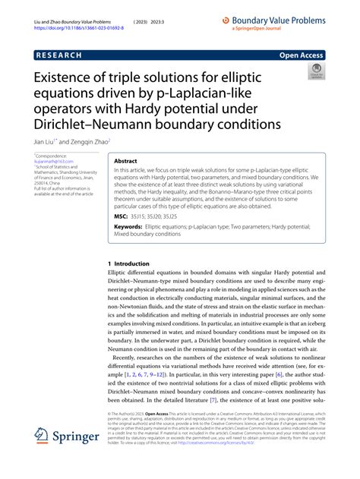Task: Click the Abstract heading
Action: pos(126,162)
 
